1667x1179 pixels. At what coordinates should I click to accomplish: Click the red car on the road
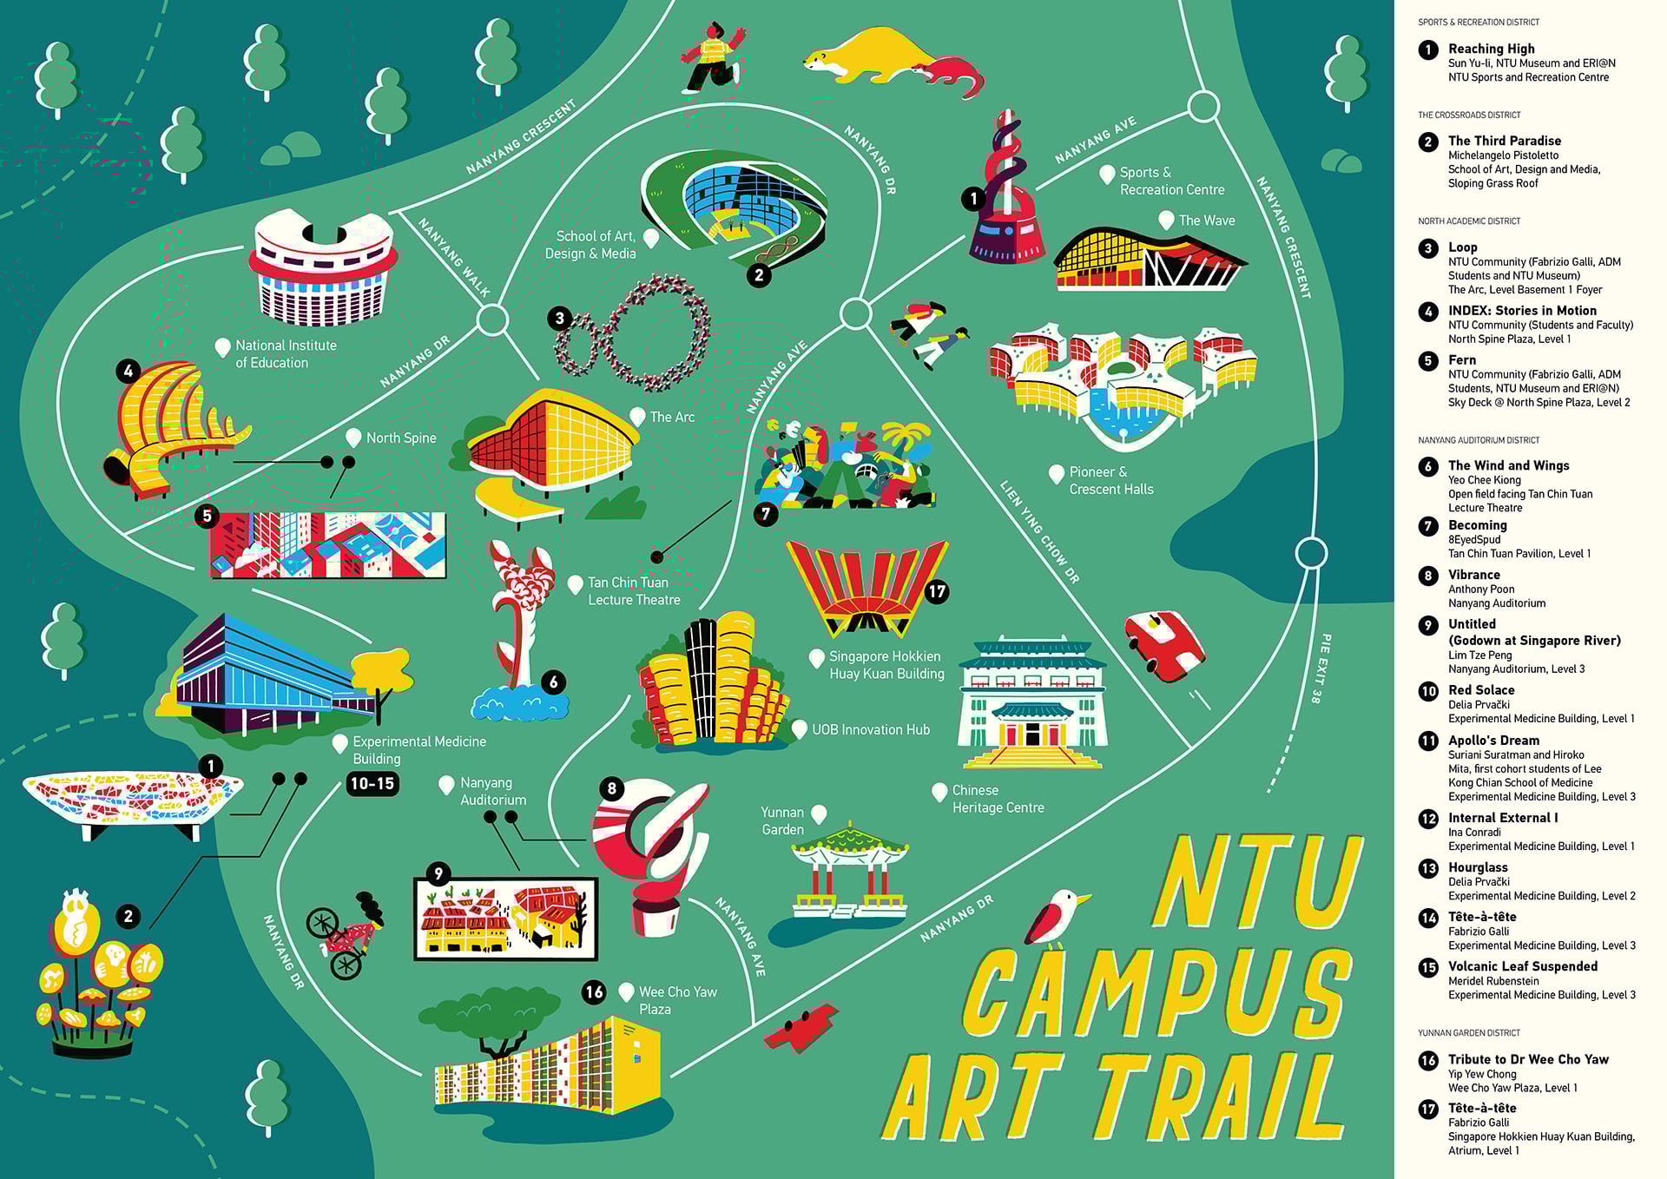(x=1164, y=645)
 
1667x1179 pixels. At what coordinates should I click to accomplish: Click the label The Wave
(x=1206, y=221)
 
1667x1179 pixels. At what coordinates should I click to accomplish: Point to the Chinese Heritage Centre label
(x=998, y=799)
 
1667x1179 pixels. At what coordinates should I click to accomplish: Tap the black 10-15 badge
(x=372, y=783)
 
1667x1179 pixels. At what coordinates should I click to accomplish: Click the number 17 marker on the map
(x=936, y=592)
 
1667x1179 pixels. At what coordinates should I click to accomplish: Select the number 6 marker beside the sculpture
(x=554, y=682)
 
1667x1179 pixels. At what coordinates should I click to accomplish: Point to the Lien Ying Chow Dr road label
(x=1039, y=531)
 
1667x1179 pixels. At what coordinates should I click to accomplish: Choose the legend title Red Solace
(x=1481, y=690)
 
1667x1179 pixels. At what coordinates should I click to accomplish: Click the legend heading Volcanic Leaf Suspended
(x=1522, y=966)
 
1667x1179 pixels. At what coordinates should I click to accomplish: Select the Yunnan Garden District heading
(x=1469, y=1033)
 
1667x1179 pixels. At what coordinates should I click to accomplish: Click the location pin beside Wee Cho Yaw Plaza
(x=626, y=991)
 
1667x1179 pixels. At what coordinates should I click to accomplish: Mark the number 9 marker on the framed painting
(x=438, y=873)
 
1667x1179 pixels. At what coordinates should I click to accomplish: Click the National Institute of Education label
(x=286, y=353)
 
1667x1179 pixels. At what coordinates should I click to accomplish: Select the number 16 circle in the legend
(x=1428, y=1060)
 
